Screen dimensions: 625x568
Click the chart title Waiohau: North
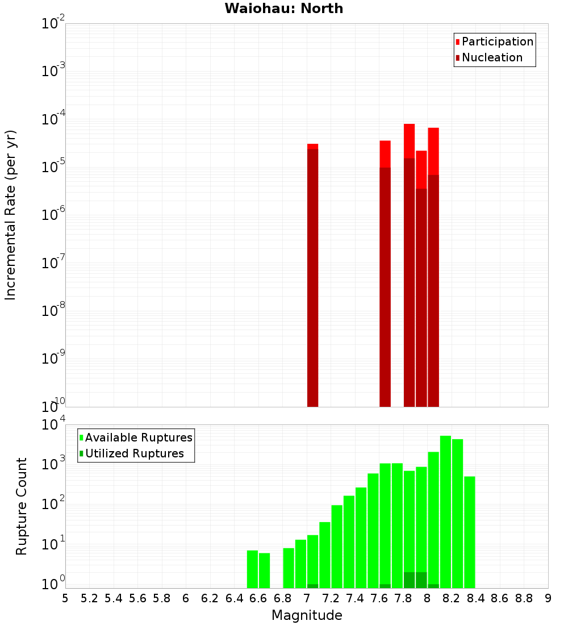point(284,9)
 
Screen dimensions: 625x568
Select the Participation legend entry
point(498,41)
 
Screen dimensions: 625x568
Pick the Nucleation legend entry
point(492,57)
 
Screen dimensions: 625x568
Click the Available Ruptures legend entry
point(139,438)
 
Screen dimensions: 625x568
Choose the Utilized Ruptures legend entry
point(134,453)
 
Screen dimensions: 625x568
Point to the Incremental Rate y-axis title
point(11,215)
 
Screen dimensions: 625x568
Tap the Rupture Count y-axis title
point(22,506)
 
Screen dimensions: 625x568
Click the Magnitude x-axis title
point(307,615)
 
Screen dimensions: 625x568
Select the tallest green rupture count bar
point(445,511)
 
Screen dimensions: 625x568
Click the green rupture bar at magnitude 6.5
point(252,569)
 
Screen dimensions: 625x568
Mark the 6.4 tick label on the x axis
point(234,598)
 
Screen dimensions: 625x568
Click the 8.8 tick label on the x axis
point(524,598)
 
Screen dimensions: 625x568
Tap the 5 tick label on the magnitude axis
point(65,598)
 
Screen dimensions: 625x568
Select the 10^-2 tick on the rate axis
point(53,24)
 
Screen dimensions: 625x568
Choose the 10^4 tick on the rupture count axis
point(53,425)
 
